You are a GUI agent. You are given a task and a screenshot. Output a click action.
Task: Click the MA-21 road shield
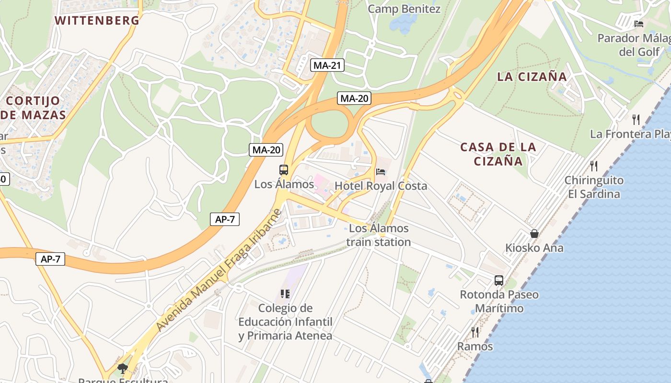pyautogui.click(x=328, y=65)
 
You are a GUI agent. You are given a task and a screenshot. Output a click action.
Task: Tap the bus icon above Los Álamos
pyautogui.click(x=284, y=169)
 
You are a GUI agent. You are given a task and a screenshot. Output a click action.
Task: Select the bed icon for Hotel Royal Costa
pyautogui.click(x=381, y=171)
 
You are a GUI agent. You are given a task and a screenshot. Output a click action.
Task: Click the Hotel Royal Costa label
pyautogui.click(x=381, y=186)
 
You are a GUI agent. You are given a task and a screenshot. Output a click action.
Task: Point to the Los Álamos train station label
pyautogui.click(x=379, y=235)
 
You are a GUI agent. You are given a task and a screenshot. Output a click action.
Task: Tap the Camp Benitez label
pyautogui.click(x=404, y=9)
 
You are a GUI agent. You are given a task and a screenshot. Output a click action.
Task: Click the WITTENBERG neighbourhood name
pyautogui.click(x=97, y=21)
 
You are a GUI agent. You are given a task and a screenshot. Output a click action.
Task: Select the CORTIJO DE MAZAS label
pyautogui.click(x=34, y=108)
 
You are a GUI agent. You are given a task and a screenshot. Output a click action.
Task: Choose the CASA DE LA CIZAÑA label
pyautogui.click(x=498, y=154)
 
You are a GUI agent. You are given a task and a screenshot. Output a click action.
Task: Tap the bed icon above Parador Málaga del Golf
pyautogui.click(x=638, y=23)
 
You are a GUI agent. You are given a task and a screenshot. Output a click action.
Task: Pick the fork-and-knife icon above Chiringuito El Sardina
pyautogui.click(x=594, y=166)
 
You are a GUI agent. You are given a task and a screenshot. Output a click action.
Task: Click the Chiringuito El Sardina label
pyautogui.click(x=594, y=187)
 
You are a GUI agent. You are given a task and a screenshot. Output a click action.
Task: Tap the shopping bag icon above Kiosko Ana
pyautogui.click(x=534, y=234)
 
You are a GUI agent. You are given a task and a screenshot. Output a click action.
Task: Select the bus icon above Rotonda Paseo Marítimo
pyautogui.click(x=499, y=280)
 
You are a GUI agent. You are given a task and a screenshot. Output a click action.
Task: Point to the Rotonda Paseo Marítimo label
pyautogui.click(x=499, y=301)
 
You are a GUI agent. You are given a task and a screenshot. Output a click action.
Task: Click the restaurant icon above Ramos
pyautogui.click(x=475, y=332)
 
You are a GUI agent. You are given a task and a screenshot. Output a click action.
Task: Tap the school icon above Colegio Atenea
pyautogui.click(x=285, y=293)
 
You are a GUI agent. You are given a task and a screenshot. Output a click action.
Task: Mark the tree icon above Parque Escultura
pyautogui.click(x=123, y=368)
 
